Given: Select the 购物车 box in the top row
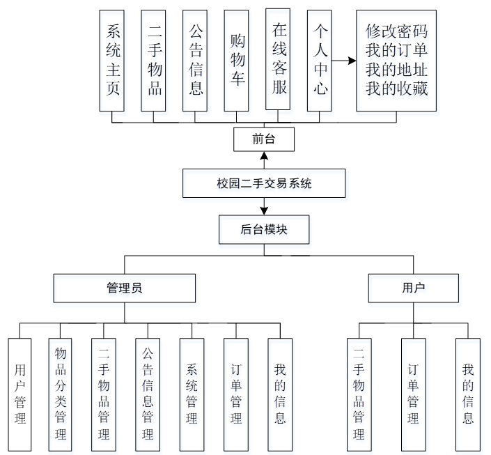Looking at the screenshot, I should tap(237, 60).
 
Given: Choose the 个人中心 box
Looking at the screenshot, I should tap(320, 60).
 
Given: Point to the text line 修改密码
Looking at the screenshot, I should tap(396, 31).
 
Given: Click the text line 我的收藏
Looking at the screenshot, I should tap(396, 88).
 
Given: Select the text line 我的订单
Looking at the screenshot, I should tap(396, 50).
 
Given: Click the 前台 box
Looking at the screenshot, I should tap(264, 139).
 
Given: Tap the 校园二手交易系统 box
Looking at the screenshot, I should tap(264, 184).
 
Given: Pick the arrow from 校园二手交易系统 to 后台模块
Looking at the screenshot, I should tap(264, 207).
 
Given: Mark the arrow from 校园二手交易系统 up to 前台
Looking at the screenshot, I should tap(264, 160).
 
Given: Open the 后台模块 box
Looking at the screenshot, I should tap(264, 229).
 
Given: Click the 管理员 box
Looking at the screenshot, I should tap(125, 288).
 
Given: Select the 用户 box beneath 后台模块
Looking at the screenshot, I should tap(413, 288).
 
